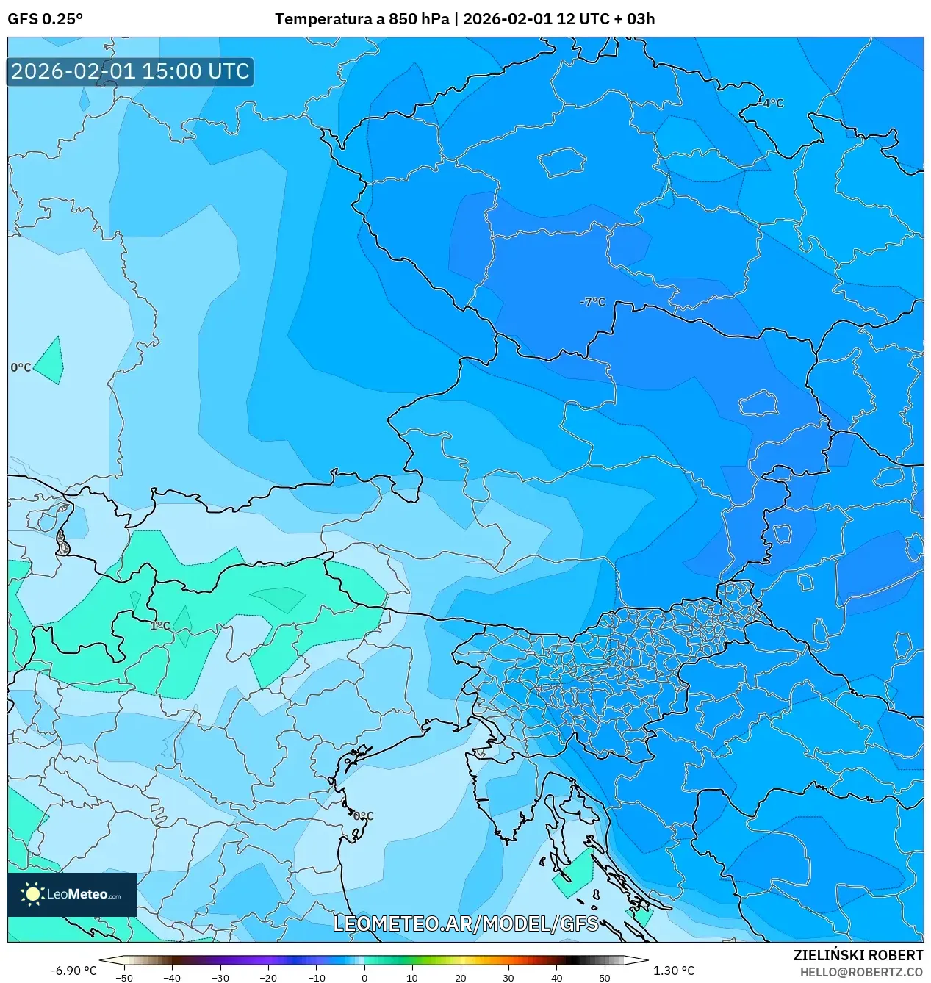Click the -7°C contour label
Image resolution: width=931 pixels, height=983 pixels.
[x=592, y=302]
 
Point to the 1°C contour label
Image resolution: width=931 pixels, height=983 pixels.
[x=159, y=626]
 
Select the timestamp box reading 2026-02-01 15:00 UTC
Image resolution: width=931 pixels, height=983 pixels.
[x=130, y=71]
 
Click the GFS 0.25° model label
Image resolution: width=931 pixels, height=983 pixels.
[x=45, y=19]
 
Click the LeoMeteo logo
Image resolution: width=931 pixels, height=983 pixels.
[x=72, y=894]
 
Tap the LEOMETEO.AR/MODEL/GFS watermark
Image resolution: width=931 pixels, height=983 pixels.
[x=466, y=923]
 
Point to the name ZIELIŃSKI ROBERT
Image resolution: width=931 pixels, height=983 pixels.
[x=858, y=955]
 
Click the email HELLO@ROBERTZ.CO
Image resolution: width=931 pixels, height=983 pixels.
[x=861, y=972]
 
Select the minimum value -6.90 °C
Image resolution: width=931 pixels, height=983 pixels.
[x=73, y=971]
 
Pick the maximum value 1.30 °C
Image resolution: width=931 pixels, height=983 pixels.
[x=673, y=971]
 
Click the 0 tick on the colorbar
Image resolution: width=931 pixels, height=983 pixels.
[x=364, y=977]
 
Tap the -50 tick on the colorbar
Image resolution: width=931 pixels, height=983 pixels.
[x=124, y=977]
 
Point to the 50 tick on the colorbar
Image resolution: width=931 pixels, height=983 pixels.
[x=604, y=977]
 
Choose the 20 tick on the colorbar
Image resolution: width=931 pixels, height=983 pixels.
[x=460, y=977]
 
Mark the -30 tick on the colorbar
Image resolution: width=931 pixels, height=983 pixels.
[x=220, y=977]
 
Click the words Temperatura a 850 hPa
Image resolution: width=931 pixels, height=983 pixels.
[x=362, y=19]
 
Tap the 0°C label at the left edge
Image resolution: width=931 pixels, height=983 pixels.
[x=21, y=367]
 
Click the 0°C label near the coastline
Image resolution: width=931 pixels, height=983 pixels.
[x=363, y=816]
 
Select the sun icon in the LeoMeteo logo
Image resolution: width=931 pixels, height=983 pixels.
[x=32, y=894]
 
